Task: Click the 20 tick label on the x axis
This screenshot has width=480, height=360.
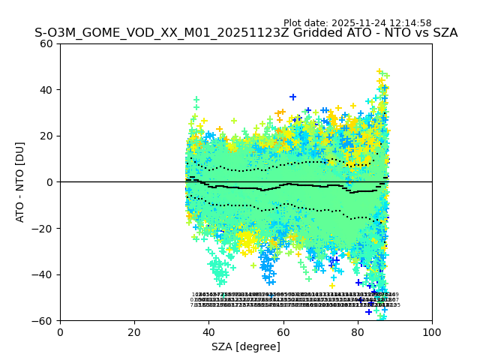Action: tap(134, 332)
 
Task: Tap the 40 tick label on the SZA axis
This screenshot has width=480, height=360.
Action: tap(208, 332)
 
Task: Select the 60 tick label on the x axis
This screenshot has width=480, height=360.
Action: tap(283, 332)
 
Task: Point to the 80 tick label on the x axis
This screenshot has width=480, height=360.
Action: tap(357, 332)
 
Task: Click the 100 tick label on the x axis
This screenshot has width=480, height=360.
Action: tap(432, 332)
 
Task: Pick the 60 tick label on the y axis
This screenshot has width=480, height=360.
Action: tap(47, 43)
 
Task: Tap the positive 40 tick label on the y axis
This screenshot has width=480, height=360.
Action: tap(47, 90)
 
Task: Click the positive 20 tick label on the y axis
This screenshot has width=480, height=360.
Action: tap(47, 136)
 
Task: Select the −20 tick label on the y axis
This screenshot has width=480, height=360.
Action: tap(44, 228)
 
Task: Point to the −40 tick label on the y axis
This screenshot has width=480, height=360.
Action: tap(44, 274)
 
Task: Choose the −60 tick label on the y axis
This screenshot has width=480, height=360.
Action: tap(44, 320)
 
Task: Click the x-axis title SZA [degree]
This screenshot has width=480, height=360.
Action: tap(246, 346)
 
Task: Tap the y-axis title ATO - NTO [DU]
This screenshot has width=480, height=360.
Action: tap(21, 182)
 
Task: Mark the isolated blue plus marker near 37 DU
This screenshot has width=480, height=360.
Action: tap(292, 97)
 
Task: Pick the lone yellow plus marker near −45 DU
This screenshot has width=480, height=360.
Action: tap(332, 285)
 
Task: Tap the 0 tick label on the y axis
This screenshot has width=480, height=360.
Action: tap(50, 182)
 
